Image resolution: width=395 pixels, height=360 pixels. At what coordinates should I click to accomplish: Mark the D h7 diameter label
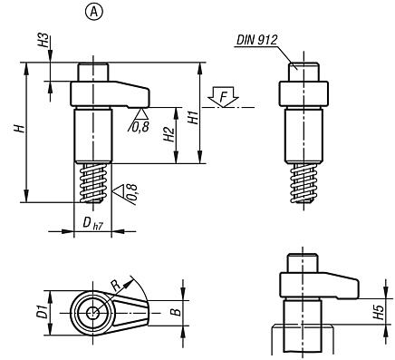(89, 222)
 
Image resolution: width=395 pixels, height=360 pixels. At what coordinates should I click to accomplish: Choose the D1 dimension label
(39, 313)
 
